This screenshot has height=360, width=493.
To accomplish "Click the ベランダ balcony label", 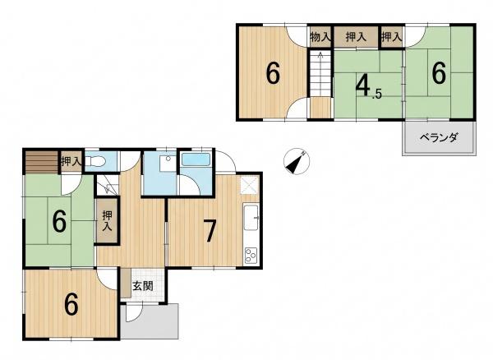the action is (439, 138).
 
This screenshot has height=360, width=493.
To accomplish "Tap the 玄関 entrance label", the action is (143, 286).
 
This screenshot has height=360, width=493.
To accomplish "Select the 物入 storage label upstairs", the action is (320, 37).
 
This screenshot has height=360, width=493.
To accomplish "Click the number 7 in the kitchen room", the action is (210, 231).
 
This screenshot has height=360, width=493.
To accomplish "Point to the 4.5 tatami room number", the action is (368, 86).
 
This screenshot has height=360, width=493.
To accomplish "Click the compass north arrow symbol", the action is (296, 161).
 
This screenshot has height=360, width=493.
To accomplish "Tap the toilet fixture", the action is (95, 161).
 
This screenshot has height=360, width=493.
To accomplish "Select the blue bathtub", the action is (196, 159).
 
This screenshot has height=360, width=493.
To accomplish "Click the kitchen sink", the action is (251, 217).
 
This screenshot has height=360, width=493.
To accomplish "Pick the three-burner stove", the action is (251, 256).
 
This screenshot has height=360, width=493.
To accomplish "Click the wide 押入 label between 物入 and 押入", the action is (356, 37).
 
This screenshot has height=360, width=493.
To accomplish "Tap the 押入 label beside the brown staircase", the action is (71, 161).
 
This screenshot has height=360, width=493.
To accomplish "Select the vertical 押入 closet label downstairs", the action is (107, 221).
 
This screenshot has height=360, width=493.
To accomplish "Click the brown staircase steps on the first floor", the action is (42, 162).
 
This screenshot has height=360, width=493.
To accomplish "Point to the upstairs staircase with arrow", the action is (320, 74).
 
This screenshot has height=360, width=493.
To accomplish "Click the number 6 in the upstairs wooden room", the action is (273, 73).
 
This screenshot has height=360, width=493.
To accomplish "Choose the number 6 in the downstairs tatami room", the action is (59, 221).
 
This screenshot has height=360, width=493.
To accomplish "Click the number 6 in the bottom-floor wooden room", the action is (71, 304).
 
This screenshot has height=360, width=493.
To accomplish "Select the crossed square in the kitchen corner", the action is (250, 185).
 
